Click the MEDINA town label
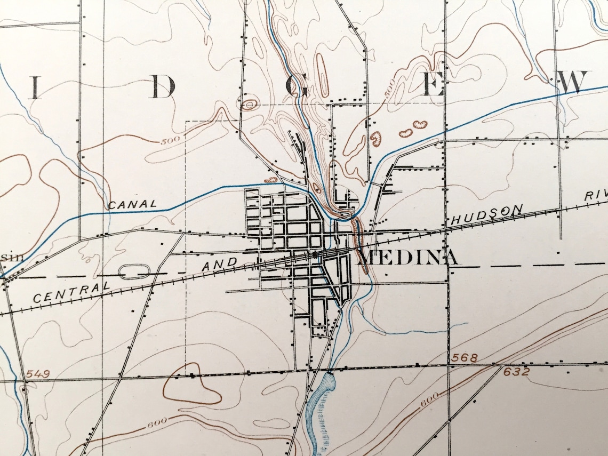[x=409, y=258]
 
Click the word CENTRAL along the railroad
[x=68, y=292]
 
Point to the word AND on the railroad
[x=221, y=264]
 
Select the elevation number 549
[x=37, y=374]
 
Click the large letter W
[x=575, y=83]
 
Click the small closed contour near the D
[x=249, y=105]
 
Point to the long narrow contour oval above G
[x=322, y=75]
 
